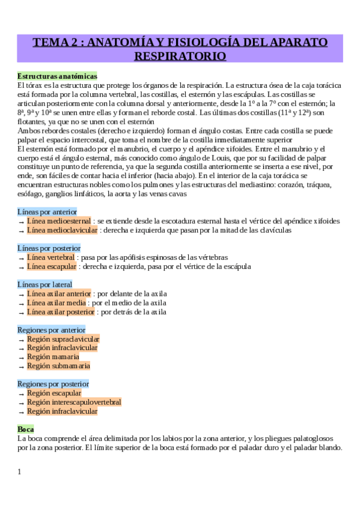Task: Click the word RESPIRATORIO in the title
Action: point(180,57)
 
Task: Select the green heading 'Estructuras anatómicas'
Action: point(57,76)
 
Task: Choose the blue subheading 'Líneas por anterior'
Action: point(47,212)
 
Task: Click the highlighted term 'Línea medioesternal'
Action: point(59,221)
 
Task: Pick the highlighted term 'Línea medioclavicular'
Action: point(62,230)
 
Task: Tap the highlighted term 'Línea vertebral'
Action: point(50,257)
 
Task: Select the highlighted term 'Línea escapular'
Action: point(52,266)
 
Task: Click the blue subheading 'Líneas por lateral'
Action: point(45,284)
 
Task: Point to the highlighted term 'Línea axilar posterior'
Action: point(61,312)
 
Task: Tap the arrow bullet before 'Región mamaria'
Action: point(22,357)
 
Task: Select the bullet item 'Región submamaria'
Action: point(58,365)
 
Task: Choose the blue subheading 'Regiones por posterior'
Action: point(53,384)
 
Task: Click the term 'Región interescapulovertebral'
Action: point(73,402)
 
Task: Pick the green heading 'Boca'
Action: point(26,429)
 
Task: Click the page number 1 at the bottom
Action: point(19,472)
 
